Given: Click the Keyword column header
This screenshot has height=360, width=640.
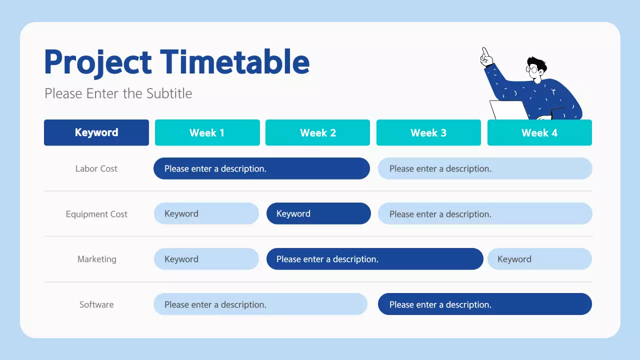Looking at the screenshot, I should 96,132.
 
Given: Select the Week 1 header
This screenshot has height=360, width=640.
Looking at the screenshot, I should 207,132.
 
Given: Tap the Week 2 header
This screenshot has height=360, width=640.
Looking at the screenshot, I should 317,132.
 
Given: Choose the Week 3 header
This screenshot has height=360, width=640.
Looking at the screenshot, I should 428,132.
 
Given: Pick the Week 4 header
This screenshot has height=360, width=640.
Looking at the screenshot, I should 539,132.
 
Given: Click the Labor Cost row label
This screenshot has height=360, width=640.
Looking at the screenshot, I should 96,168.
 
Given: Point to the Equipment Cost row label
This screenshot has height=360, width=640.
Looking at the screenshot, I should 96,214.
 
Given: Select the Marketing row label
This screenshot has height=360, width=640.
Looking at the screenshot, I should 96,259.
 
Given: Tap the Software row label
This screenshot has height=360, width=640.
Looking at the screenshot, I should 96,304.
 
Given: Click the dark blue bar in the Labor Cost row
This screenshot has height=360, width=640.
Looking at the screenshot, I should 261,168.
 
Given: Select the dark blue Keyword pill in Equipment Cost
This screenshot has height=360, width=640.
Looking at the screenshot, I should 318,213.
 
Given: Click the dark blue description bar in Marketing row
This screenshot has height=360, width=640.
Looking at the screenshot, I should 374,259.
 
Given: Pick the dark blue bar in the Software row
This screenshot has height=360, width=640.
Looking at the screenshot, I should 484,304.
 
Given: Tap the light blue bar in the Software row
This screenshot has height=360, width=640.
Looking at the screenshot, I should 260,304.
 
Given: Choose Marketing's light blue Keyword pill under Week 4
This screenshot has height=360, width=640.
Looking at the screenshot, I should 539,259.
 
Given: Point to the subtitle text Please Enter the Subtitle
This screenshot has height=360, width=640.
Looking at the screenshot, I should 118,93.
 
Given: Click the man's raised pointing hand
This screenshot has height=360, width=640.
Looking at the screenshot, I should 484,57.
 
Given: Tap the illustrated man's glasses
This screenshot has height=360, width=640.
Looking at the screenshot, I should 534,69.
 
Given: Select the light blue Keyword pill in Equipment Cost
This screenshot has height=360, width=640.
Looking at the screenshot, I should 206,213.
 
